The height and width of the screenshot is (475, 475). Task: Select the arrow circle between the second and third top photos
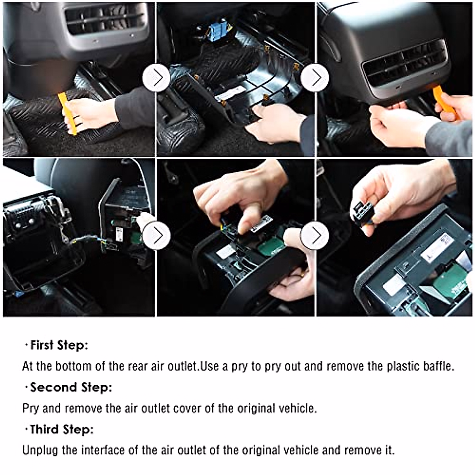[x=315, y=78]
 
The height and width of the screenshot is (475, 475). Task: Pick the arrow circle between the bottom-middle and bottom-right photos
[x=315, y=236]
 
